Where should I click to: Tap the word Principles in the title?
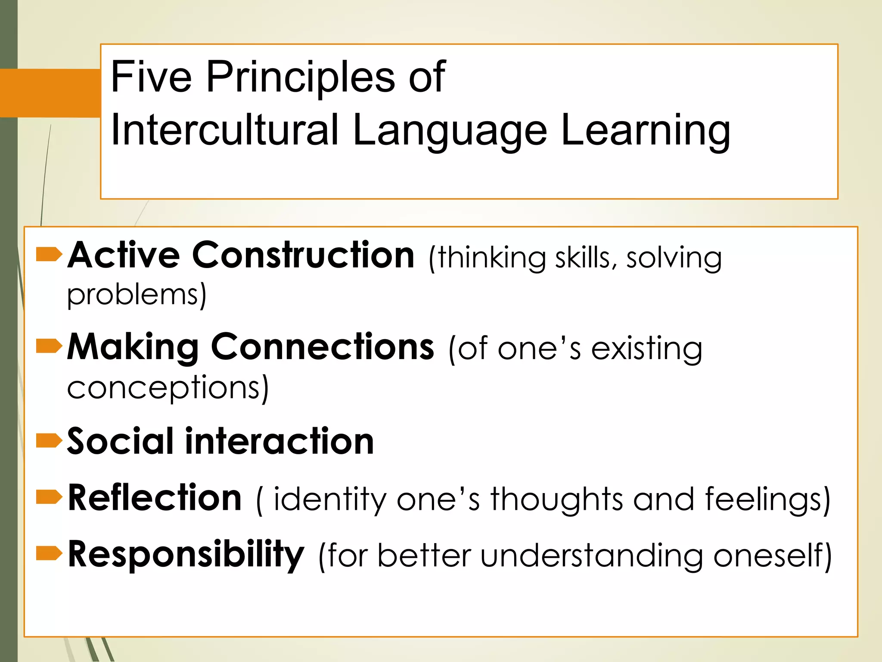click(300, 78)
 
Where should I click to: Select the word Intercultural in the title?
click(224, 130)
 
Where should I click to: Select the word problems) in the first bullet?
click(137, 295)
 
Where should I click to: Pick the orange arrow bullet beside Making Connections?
click(49, 346)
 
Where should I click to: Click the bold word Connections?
click(323, 347)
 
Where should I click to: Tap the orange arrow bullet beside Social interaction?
click(49, 441)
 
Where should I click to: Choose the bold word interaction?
click(280, 441)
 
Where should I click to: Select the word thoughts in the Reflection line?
click(556, 500)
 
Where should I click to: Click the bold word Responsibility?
click(186, 555)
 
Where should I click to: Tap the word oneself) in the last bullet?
click(772, 556)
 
